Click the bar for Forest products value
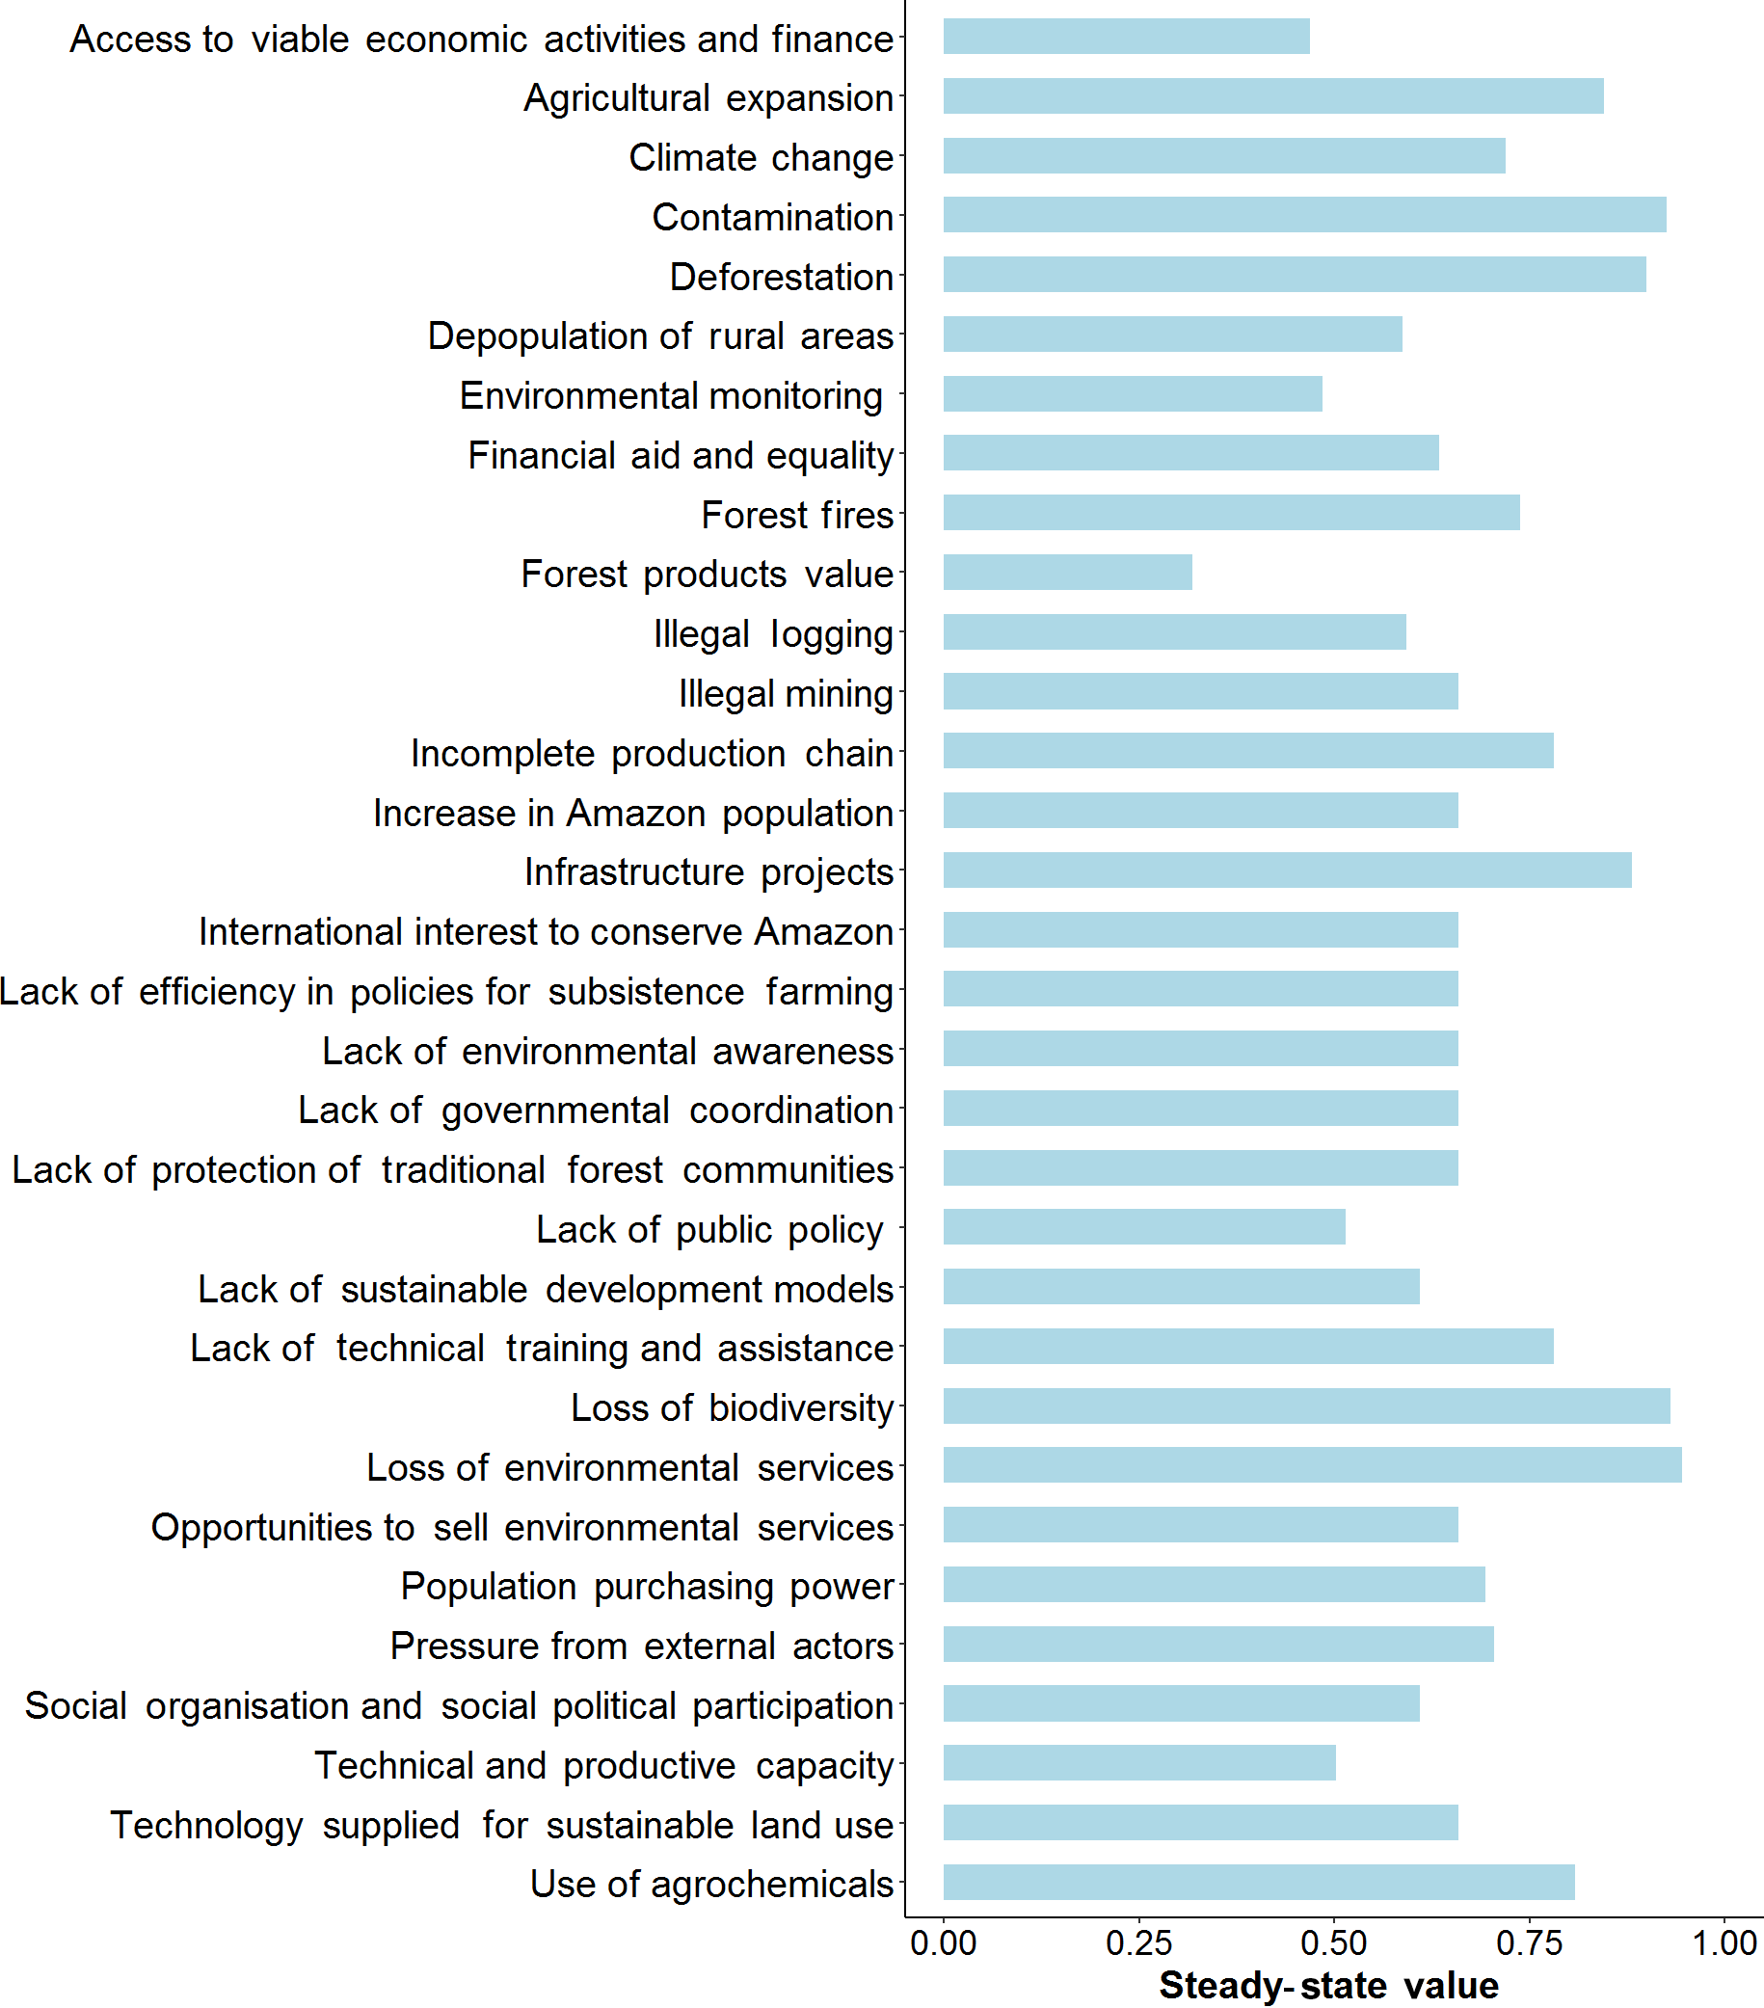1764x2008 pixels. coord(1067,573)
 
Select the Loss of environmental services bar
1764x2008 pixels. coord(1311,1465)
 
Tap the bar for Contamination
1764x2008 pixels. coord(1303,215)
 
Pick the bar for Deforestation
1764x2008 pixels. coord(1294,275)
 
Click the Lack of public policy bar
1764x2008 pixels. coord(1143,1228)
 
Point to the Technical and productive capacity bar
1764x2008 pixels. coord(1138,1763)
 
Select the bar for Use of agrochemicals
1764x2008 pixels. coord(1258,1883)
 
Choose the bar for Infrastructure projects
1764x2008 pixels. coord(1287,870)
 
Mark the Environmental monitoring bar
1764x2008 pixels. coord(1132,394)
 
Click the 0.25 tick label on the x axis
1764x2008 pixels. coord(1138,1943)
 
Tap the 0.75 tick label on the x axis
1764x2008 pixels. coord(1528,1943)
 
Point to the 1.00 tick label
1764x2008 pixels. coord(1724,1943)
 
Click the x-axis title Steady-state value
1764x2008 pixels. coord(1328,1986)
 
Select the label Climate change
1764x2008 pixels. coord(761,157)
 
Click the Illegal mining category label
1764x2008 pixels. coord(785,693)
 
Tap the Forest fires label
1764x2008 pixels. coord(796,515)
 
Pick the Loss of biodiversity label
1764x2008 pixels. coord(732,1407)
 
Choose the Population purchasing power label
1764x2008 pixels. coord(646,1587)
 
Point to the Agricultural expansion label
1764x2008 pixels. coord(708,98)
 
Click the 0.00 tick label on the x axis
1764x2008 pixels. coord(943,1943)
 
